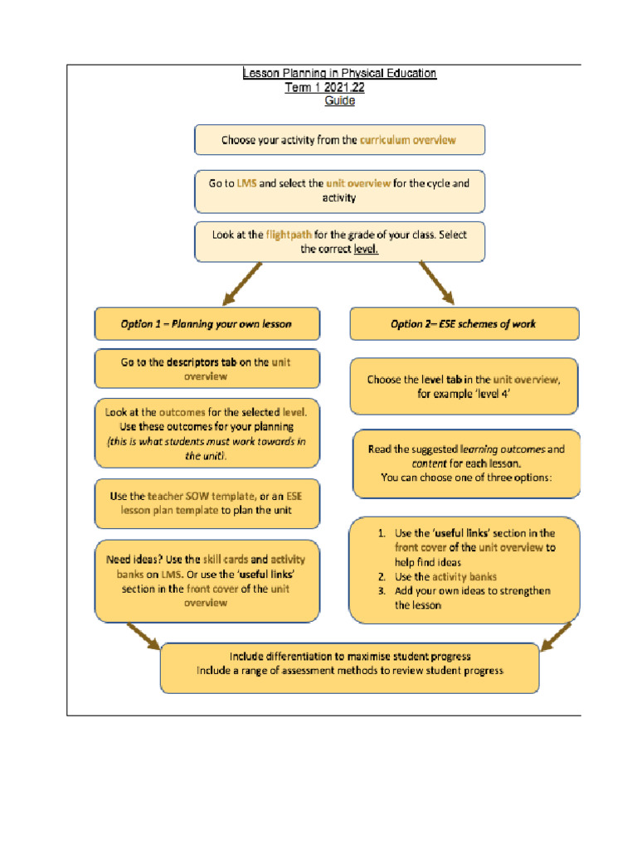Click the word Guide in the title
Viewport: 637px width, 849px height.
339,101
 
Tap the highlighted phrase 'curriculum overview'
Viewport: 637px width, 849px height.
407,140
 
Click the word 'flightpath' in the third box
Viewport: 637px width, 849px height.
289,235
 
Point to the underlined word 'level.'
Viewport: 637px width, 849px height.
366,249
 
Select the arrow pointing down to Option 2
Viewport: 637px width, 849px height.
437,283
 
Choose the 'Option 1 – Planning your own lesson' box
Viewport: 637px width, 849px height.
207,324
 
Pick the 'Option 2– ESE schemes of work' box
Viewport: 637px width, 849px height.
464,324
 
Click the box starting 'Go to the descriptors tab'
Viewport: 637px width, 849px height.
207,369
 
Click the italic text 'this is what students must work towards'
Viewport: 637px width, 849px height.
207,442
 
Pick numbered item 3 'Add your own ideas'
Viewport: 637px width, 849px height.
472,591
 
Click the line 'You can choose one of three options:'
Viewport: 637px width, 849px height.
465,478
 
